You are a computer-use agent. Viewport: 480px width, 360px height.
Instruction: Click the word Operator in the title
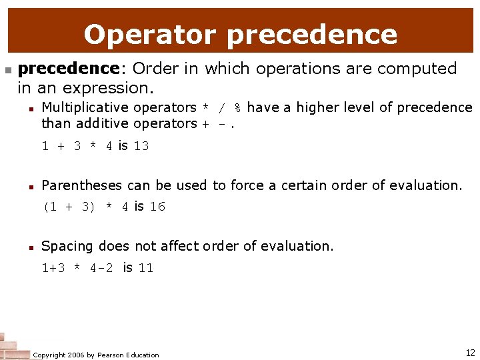[x=151, y=34]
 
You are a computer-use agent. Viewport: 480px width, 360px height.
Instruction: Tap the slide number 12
[x=470, y=353]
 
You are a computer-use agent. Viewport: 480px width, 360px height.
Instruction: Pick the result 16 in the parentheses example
[x=157, y=207]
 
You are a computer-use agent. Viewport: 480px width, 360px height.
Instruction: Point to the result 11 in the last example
[x=146, y=268]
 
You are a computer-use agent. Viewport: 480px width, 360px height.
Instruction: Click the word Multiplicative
[x=85, y=107]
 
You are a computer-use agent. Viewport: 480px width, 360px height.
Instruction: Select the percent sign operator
[x=237, y=108]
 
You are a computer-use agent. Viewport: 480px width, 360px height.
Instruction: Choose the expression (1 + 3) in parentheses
[x=69, y=207]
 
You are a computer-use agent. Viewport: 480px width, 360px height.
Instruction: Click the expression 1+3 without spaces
[x=53, y=268]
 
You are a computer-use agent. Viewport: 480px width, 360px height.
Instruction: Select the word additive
[x=103, y=123]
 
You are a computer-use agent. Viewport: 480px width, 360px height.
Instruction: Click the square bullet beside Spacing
[x=31, y=247]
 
